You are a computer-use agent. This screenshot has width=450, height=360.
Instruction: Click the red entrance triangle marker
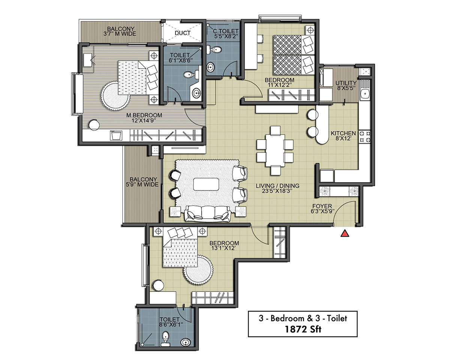pyautogui.click(x=345, y=234)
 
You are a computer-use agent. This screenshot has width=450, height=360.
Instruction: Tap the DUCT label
pyautogui.click(x=183, y=33)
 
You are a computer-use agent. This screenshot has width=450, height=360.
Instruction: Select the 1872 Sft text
pyautogui.click(x=303, y=330)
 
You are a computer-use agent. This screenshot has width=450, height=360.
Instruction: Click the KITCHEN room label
pyautogui.click(x=343, y=133)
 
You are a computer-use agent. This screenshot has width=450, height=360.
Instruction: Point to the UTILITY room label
pyautogui.click(x=346, y=83)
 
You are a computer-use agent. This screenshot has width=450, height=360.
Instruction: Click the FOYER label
pyautogui.click(x=322, y=206)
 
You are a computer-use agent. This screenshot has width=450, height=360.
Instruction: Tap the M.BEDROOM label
pyautogui.click(x=144, y=115)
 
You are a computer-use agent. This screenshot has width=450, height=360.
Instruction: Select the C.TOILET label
pyautogui.click(x=226, y=31)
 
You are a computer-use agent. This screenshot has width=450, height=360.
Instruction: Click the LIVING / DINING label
pyautogui.click(x=277, y=186)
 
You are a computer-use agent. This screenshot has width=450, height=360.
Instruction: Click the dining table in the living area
pyautogui.click(x=275, y=150)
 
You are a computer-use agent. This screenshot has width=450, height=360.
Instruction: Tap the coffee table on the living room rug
pyautogui.click(x=206, y=184)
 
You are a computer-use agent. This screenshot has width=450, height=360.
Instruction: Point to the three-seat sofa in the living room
pyautogui.click(x=208, y=214)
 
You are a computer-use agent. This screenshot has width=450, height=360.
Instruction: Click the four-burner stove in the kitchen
pyautogui.click(x=365, y=137)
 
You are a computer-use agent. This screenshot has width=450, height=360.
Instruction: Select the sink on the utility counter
pyautogui.click(x=365, y=92)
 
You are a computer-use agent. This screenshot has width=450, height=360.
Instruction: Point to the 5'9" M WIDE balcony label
pyautogui.click(x=142, y=184)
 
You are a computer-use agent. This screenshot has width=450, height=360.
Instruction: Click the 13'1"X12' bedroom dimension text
pyautogui.click(x=224, y=248)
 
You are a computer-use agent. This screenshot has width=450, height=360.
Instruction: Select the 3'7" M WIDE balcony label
pyautogui.click(x=120, y=34)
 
